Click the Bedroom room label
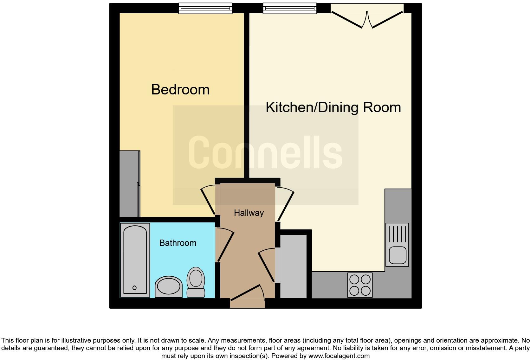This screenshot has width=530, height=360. tap(180, 90)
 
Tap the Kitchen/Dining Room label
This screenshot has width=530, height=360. tap(333, 107)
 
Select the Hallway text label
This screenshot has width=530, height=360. tap(249, 213)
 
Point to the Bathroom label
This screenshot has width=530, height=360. tap(178, 243)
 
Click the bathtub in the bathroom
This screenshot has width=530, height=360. tap(135, 260)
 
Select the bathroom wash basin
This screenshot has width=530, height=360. tap(169, 286)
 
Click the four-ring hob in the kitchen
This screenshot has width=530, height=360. tap(360, 285)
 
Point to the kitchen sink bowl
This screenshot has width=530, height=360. tap(397, 255)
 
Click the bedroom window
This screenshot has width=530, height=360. tap(205, 8)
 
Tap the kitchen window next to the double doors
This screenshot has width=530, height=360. tap(290, 8)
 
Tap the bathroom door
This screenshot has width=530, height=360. tap(225, 247)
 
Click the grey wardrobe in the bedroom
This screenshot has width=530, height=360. tap(130, 183)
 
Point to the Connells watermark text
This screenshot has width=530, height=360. tap(265, 152)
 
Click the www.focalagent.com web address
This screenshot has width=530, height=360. tap(339, 356)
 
